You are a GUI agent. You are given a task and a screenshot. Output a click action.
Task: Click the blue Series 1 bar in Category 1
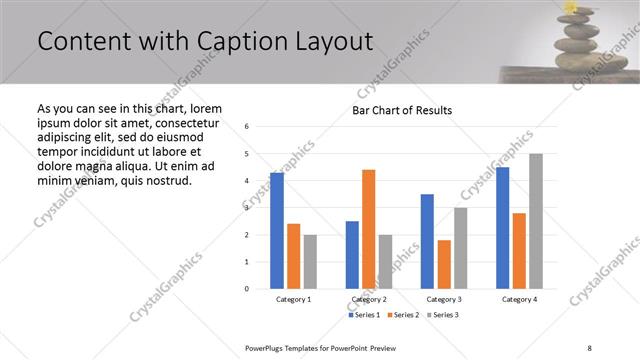click(277, 230)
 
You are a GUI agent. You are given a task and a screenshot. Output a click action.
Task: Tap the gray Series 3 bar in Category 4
click(535, 221)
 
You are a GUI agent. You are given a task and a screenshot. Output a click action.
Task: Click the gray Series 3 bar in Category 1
click(310, 261)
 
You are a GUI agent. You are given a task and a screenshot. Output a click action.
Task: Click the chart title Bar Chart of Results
click(401, 110)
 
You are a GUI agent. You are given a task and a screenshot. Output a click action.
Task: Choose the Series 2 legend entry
click(403, 315)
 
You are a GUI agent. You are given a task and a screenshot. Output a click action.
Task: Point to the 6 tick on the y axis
click(247, 127)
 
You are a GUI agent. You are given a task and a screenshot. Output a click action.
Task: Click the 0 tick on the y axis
click(247, 289)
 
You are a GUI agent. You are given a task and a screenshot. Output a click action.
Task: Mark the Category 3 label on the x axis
click(444, 299)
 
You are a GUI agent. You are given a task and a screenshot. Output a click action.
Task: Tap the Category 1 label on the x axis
click(293, 299)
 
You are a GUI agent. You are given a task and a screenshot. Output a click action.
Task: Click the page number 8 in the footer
click(590, 347)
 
